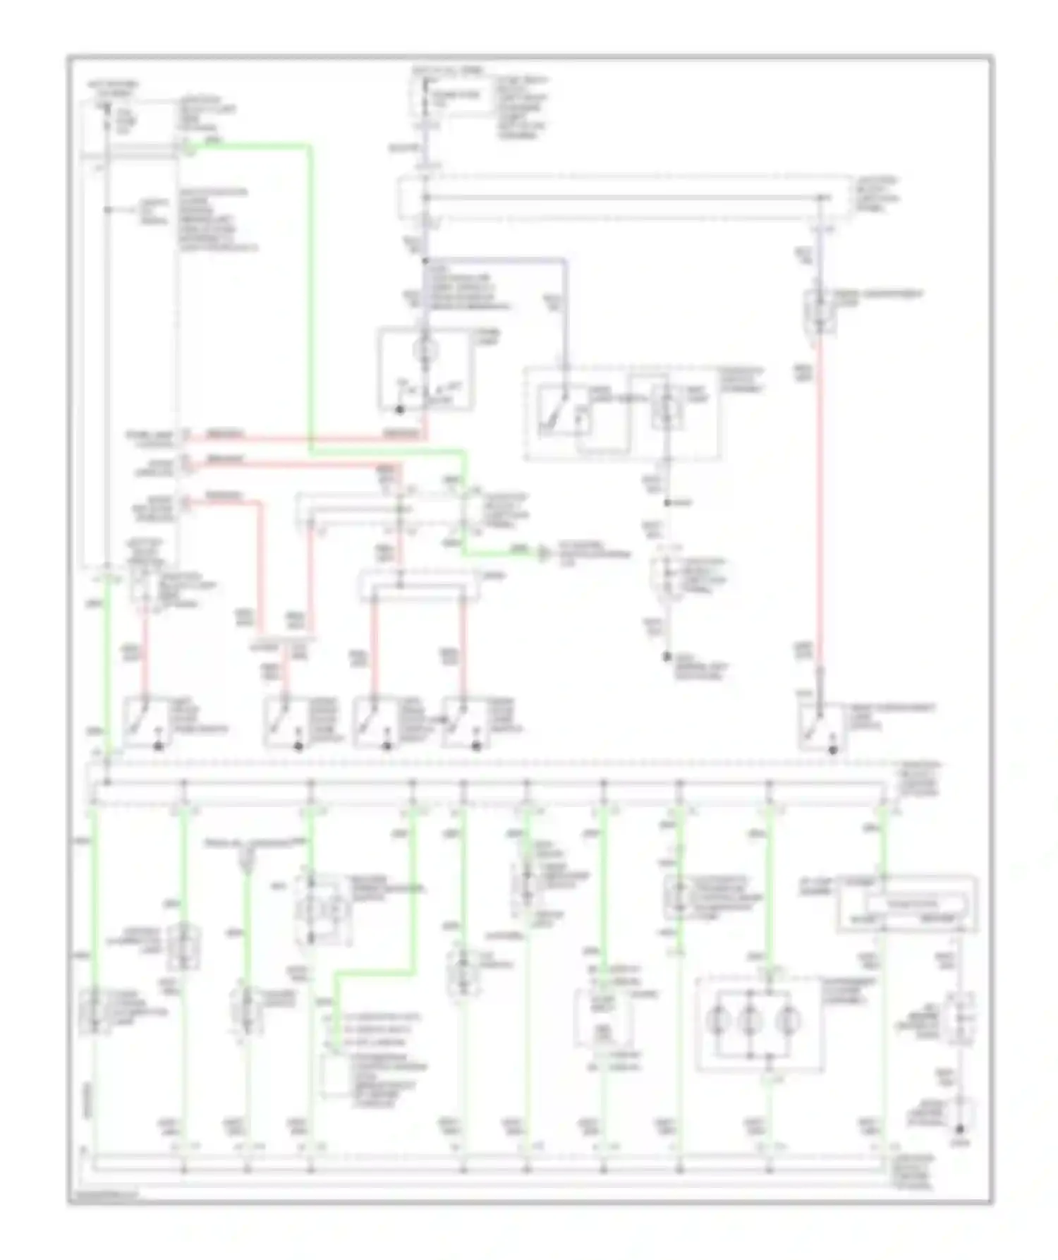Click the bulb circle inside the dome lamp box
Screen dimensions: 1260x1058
point(425,350)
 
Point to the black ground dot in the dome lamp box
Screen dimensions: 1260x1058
point(399,409)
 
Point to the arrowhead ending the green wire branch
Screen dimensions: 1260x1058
point(542,553)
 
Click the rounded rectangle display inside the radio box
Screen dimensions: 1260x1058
point(911,904)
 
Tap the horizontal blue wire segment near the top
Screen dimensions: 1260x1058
point(494,260)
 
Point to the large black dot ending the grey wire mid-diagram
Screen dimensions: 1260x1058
point(667,656)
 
